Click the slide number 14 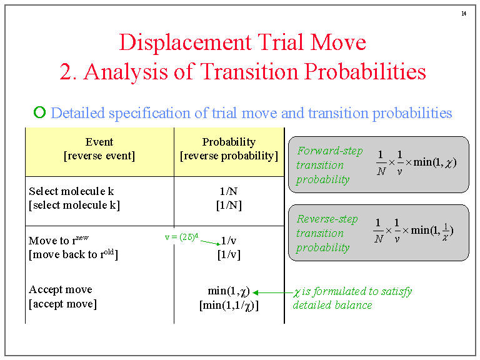[x=464, y=14]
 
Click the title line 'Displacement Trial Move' [x=242, y=42]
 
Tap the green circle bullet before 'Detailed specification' [x=39, y=112]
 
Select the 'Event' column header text [x=99, y=142]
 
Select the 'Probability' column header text [x=229, y=142]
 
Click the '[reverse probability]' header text [x=229, y=156]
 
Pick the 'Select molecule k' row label [x=71, y=191]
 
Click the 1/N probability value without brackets [x=229, y=191]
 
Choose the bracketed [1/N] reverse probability [x=229, y=205]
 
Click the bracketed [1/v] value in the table [x=229, y=254]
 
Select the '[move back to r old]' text [x=73, y=254]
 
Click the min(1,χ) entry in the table [x=229, y=291]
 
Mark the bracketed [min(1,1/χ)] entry [x=229, y=305]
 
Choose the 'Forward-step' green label [x=329, y=151]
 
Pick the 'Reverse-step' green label [x=327, y=219]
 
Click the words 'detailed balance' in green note [x=332, y=305]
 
